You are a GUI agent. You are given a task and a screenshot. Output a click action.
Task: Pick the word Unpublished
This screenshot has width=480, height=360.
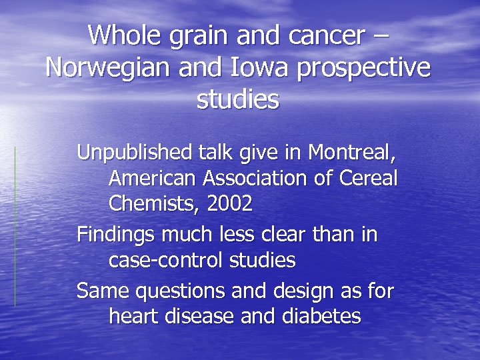(135, 153)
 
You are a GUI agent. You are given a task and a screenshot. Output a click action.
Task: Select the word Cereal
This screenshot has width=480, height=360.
(368, 179)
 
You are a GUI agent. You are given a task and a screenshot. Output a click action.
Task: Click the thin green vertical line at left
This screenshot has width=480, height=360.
(15, 227)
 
